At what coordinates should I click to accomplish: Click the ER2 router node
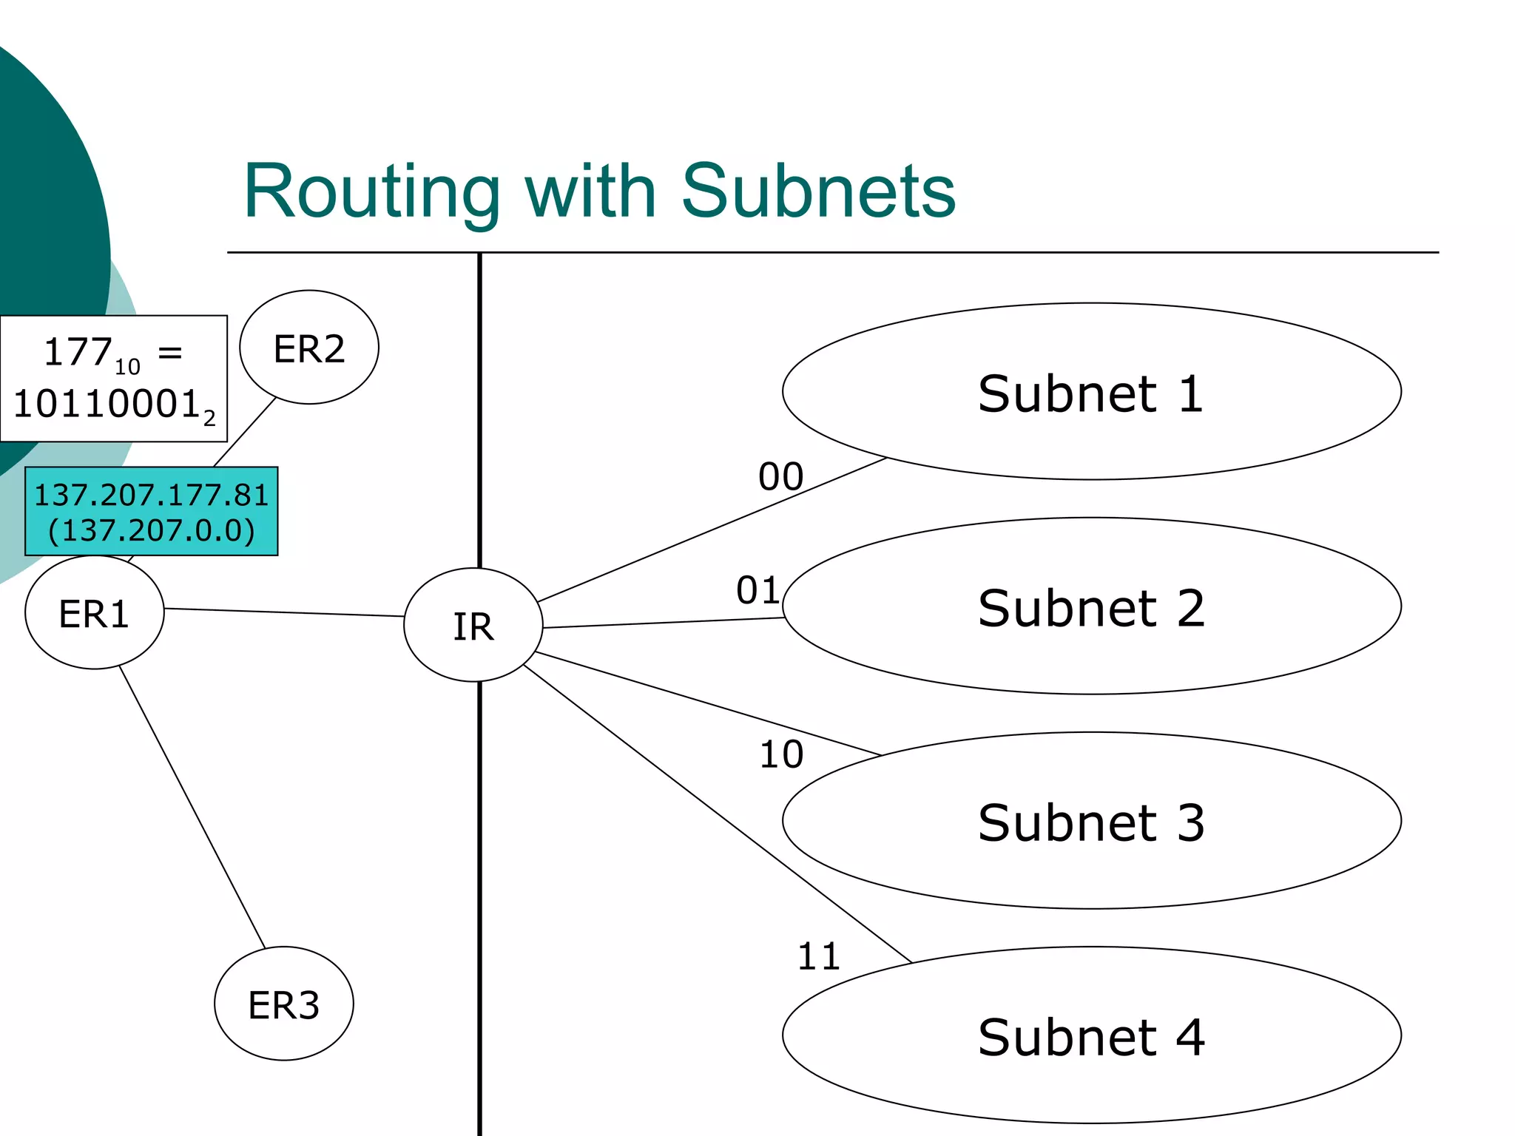point(309,348)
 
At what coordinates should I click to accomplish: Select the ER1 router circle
point(94,613)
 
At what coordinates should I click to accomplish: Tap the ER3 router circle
point(283,1004)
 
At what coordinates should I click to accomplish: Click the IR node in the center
point(473,626)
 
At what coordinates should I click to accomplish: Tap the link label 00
point(780,476)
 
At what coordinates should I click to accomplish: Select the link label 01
point(758,590)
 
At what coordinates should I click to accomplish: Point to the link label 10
point(781,754)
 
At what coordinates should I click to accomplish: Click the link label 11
point(818,956)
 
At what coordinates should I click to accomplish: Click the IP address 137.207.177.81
point(152,495)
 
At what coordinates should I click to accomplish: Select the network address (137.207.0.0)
point(152,530)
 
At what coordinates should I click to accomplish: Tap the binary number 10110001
point(107,404)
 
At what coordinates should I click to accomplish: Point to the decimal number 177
point(78,352)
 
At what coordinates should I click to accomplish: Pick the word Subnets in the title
point(817,192)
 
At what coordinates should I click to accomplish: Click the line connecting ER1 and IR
point(284,612)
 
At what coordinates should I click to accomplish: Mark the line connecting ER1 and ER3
point(192,807)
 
